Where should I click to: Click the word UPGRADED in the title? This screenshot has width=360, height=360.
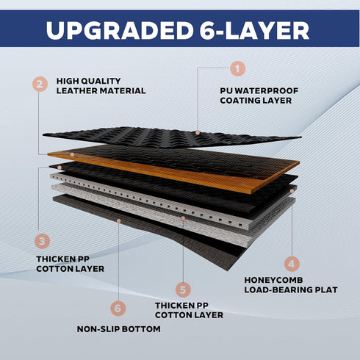[119, 30]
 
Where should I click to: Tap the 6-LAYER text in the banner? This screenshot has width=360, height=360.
[254, 30]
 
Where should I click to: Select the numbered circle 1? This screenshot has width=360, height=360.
[237, 68]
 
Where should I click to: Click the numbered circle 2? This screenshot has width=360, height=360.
[40, 84]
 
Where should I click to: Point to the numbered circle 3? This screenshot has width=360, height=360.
[42, 241]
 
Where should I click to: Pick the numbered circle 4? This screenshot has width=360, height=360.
[292, 264]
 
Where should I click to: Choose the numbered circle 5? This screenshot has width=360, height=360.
[183, 289]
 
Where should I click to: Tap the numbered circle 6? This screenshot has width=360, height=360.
[118, 309]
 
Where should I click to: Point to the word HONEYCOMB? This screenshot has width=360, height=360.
[273, 280]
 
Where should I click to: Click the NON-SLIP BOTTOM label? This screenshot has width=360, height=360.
[119, 329]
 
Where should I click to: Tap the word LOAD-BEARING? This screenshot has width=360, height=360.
[278, 290]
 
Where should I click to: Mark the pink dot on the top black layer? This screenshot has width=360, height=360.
[198, 133]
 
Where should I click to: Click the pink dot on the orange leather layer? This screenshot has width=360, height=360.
[72, 154]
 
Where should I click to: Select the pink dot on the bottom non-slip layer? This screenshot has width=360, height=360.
[119, 221]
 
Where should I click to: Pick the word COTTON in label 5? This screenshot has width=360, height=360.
[173, 315]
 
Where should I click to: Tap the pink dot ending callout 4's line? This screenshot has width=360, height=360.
[292, 191]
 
